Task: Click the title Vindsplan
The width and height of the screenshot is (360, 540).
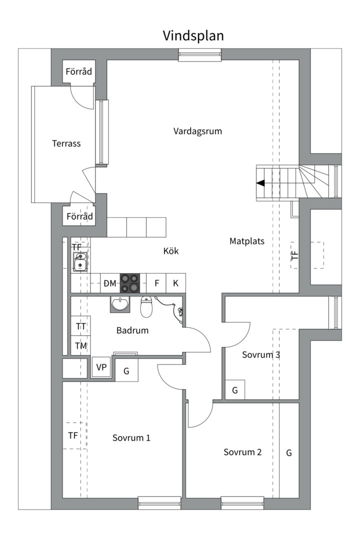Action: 193,36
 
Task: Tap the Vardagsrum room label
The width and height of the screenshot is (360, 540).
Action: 197,131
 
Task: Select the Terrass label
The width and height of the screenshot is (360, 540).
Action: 66,143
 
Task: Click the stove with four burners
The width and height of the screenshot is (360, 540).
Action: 130,283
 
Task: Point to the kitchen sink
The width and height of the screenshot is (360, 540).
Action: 80,261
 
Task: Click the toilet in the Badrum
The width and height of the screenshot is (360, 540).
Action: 146,307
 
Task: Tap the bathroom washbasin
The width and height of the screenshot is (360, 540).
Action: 120,303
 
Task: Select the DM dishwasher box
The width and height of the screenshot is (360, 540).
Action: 110,283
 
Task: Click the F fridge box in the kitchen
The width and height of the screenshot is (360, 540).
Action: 156,283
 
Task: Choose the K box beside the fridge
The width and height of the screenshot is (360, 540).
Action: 175,283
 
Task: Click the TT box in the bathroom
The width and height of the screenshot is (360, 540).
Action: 80,326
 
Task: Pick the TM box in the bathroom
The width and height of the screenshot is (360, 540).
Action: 80,345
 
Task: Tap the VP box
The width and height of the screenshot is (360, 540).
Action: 101,367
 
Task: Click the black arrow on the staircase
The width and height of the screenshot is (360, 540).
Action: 260,183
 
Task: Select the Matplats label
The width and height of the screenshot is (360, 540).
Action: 246,241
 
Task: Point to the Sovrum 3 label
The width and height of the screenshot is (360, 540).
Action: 260,355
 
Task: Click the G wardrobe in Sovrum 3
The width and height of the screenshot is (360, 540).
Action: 234,390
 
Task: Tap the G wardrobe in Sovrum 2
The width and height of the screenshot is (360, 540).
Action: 289,452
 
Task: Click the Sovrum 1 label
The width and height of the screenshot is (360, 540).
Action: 131,438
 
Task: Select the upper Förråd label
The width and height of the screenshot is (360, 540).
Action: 79,72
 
